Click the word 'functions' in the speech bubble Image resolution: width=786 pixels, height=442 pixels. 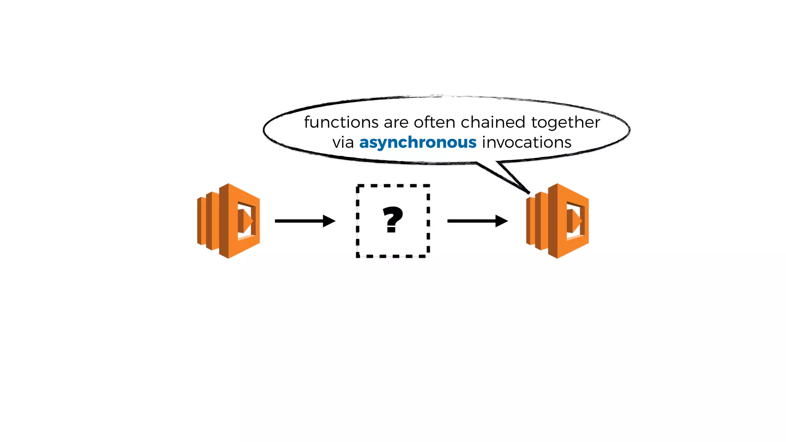pos(341,122)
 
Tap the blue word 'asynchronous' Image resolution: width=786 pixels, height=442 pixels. pos(418,143)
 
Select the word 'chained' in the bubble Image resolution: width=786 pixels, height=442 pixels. pos(493,122)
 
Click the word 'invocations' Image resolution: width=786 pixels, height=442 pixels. pos(527,142)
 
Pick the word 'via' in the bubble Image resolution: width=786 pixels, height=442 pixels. pos(343,143)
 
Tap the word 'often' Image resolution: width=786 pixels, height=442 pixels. pos(435,122)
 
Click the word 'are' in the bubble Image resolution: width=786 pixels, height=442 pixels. pos(396,123)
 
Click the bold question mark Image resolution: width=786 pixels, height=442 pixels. pos(393,219)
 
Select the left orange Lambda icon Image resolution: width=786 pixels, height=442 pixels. pos(229,221)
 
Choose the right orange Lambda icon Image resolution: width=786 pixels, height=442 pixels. pos(557,221)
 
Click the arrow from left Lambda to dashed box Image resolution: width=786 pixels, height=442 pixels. pos(299,221)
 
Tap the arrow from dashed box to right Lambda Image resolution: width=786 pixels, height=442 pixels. pos(472,221)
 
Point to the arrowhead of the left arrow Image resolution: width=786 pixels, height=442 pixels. pos(329,221)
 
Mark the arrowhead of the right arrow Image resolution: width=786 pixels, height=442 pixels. pos(501,221)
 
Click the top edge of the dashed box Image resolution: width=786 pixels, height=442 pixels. pos(393,186)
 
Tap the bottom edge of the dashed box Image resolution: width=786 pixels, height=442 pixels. pos(393,256)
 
